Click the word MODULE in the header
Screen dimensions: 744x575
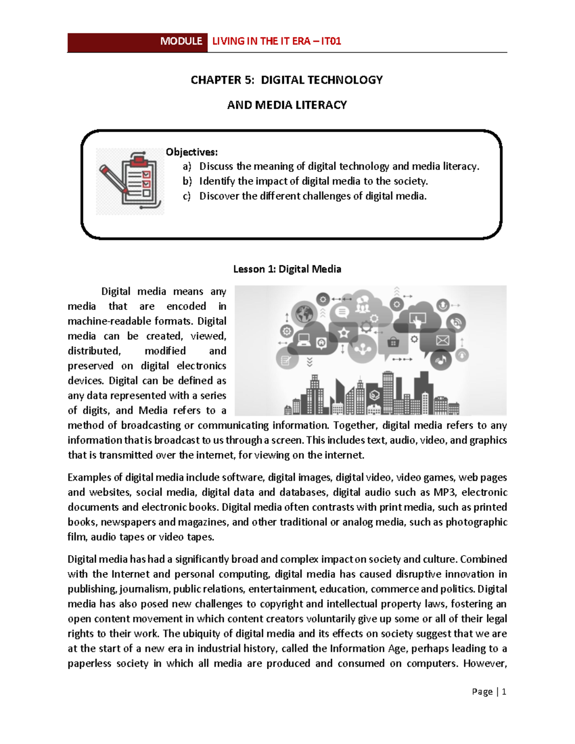point(181,41)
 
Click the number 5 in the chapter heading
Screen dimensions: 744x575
point(248,80)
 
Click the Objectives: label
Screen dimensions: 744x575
point(192,152)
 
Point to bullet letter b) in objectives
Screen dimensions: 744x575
point(187,181)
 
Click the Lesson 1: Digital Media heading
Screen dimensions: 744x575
point(287,269)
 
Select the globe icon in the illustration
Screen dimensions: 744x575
point(304,314)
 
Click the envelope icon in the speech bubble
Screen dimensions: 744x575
point(442,340)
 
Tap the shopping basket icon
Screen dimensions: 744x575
point(393,342)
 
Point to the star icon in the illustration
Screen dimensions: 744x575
point(344,332)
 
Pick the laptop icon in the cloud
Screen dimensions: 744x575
point(304,340)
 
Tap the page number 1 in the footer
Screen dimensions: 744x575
point(504,692)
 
